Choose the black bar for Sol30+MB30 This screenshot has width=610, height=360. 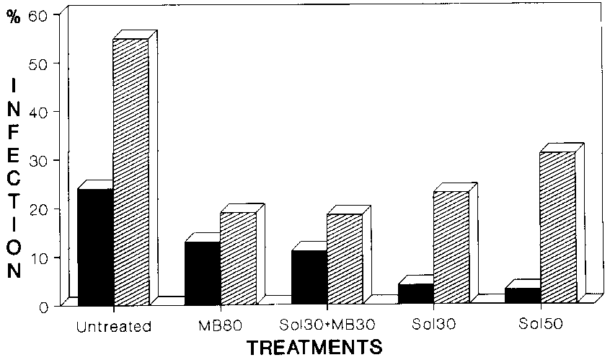coord(309,277)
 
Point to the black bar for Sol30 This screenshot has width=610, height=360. coord(416,294)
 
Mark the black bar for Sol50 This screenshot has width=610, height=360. coord(523,296)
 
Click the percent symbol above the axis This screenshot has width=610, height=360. coord(12,15)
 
